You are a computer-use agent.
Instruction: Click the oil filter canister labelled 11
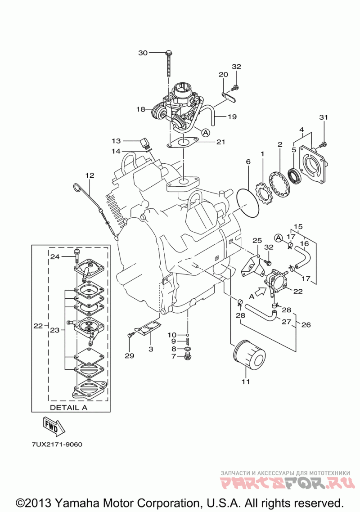coord(250,354)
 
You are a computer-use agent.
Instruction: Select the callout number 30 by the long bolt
coord(143,53)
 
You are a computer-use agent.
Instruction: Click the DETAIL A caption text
coord(68,408)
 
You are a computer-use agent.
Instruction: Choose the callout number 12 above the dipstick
coord(90,175)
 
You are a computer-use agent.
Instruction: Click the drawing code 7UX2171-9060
coord(57,445)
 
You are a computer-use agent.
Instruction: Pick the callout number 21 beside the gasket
coord(221,142)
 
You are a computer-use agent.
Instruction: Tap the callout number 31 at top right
coord(324,117)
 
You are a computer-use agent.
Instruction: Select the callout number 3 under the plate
coord(151,350)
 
